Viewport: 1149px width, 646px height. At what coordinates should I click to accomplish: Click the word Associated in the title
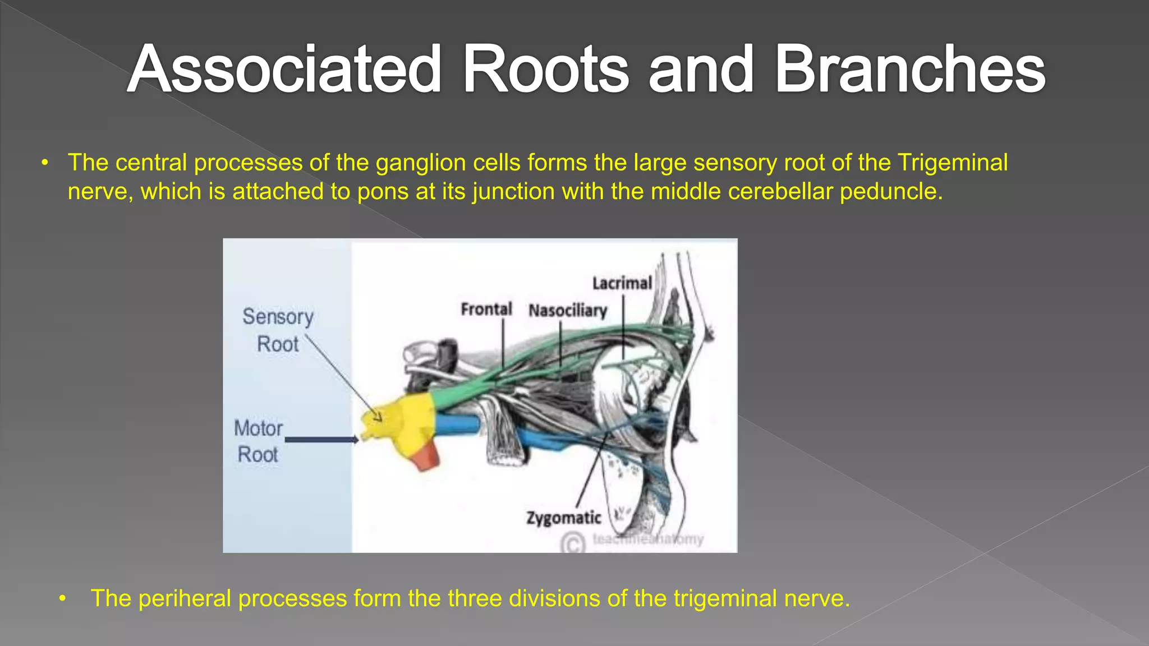[284, 70]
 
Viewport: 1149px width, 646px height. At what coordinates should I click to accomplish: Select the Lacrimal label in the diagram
[622, 283]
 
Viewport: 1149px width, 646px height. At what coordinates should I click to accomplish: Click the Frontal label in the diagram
[486, 309]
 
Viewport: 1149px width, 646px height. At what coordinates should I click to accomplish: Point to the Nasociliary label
[567, 310]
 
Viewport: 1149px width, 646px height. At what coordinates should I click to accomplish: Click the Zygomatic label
[563, 518]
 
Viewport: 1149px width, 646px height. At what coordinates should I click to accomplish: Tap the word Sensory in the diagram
[278, 317]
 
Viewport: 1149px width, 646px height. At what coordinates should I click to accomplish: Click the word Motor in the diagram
[258, 428]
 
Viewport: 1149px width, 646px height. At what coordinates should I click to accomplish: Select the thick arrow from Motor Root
[321, 440]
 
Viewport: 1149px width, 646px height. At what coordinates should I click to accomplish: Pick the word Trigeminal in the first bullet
[952, 163]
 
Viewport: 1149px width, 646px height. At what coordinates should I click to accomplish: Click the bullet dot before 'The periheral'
[63, 599]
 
